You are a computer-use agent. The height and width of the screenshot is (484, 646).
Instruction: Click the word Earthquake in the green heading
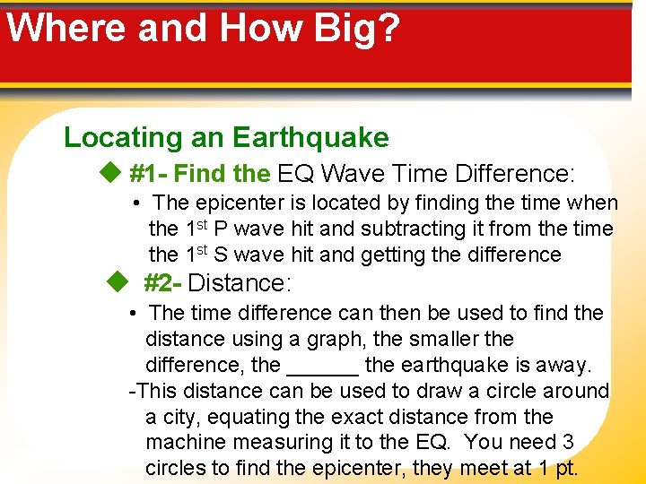(x=310, y=137)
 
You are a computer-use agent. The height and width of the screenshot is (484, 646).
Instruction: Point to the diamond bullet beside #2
(x=117, y=283)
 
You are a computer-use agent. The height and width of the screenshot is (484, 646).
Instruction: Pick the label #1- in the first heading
(x=149, y=172)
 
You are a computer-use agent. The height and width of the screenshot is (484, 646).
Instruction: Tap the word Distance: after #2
(x=240, y=283)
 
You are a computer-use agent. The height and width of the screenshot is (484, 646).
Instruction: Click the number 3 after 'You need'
(x=567, y=443)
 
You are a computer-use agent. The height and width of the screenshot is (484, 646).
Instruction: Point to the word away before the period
(x=564, y=365)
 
